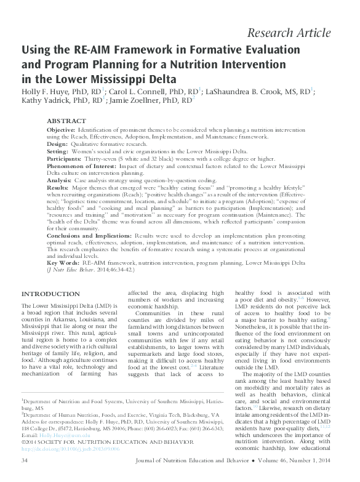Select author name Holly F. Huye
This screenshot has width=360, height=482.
point(48,93)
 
